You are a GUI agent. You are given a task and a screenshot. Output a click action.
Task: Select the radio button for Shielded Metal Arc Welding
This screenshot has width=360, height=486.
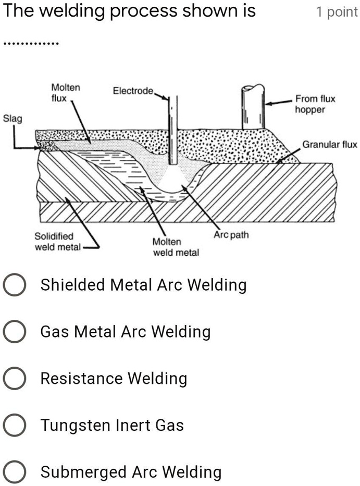pyautogui.click(x=14, y=285)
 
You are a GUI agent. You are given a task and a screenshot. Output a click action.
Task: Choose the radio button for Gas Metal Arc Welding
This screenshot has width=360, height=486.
pyautogui.click(x=14, y=332)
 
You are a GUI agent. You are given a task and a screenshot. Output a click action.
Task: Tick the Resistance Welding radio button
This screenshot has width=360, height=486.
pyautogui.click(x=14, y=379)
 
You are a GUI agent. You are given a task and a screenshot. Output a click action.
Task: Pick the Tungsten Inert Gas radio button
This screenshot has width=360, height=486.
pyautogui.click(x=14, y=426)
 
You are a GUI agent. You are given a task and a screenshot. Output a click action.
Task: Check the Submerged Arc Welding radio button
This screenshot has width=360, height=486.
pyautogui.click(x=14, y=472)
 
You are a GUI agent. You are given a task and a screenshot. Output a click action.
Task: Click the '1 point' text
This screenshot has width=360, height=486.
pyautogui.click(x=337, y=12)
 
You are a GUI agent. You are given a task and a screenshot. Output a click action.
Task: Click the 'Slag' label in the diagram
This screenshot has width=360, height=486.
pyautogui.click(x=13, y=119)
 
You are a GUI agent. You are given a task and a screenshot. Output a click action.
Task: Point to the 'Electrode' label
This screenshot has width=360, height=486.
pyautogui.click(x=133, y=92)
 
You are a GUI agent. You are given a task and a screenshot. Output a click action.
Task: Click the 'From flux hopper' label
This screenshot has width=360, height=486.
pyautogui.click(x=315, y=104)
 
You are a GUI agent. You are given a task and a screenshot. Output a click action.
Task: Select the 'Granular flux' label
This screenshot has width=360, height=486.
pyautogui.click(x=330, y=144)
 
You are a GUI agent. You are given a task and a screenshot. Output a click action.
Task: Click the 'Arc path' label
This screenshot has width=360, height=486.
pyautogui.click(x=231, y=235)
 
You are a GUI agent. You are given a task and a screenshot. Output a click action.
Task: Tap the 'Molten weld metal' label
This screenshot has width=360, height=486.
pyautogui.click(x=176, y=247)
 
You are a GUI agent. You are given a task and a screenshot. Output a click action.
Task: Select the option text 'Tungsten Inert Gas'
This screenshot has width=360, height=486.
pyautogui.click(x=112, y=426)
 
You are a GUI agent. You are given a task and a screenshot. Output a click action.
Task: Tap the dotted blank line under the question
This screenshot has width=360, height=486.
pyautogui.click(x=31, y=43)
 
